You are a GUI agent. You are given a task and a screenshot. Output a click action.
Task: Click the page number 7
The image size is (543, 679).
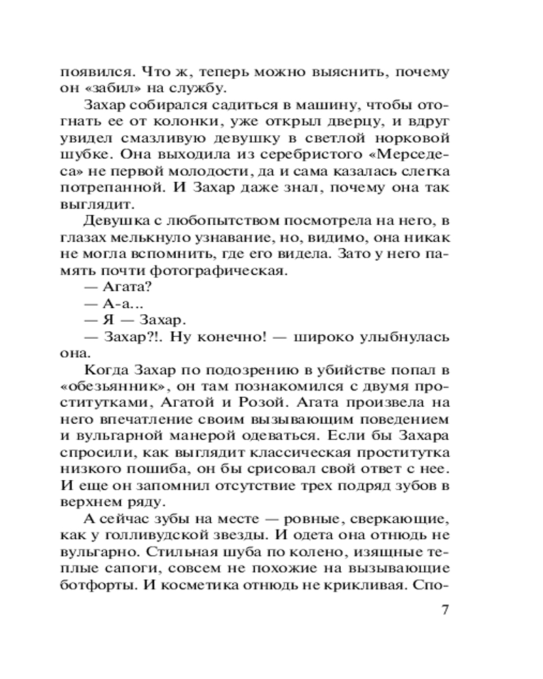tap(445, 610)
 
